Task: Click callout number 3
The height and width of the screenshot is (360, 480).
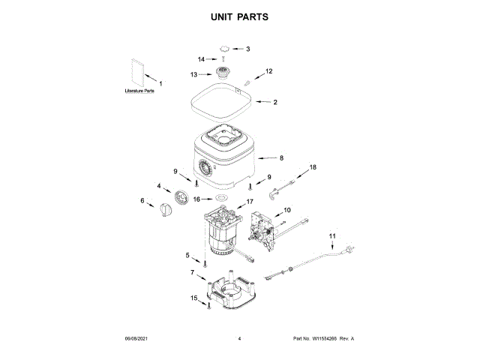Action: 247,49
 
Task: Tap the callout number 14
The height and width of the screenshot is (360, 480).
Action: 201,59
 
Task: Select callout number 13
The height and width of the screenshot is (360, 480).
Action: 193,75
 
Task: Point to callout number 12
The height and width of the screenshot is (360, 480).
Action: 269,71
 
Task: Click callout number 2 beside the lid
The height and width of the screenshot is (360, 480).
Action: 275,102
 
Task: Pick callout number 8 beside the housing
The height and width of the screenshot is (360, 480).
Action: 281,158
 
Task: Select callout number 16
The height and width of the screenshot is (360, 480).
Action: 197,199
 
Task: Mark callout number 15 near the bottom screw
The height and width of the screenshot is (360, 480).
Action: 193,298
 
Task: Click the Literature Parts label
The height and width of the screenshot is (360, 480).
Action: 139,91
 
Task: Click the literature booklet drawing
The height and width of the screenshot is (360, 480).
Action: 136,72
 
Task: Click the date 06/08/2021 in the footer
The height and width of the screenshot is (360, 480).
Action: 136,339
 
